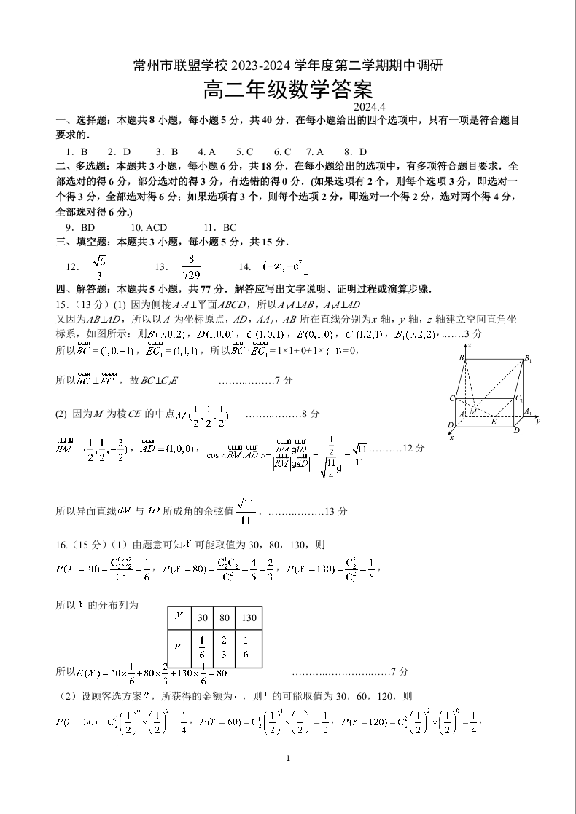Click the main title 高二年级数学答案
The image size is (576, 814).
[288, 90]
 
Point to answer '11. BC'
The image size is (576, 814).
[220, 228]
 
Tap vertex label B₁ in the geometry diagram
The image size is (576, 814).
[528, 360]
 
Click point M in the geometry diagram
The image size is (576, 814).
[472, 411]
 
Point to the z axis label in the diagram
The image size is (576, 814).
[470, 344]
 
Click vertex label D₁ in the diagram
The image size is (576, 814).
[518, 431]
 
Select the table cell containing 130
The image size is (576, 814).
[249, 617]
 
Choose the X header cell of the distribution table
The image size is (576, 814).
[179, 617]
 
